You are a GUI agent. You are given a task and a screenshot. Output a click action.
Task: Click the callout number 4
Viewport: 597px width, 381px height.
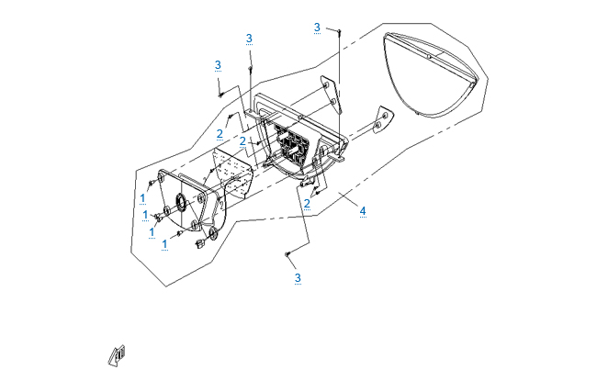[363, 211]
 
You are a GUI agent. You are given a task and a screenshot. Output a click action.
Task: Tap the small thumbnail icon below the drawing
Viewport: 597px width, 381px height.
[117, 356]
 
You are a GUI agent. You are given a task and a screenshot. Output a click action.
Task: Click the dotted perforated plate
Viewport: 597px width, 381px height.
[233, 173]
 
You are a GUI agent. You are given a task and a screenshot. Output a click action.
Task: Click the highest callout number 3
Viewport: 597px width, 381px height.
[317, 28]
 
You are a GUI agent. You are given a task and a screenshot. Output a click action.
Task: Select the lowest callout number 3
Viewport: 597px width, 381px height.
[298, 278]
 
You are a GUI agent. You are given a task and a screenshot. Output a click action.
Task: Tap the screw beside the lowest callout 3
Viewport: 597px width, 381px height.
[287, 254]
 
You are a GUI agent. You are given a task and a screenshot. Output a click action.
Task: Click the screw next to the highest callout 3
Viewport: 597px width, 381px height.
[340, 30]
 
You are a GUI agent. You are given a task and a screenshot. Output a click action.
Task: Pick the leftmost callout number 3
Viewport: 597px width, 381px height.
[218, 65]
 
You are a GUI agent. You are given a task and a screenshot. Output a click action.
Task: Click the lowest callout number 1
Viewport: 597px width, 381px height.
[164, 244]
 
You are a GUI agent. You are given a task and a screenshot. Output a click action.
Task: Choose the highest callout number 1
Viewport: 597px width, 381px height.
[142, 198]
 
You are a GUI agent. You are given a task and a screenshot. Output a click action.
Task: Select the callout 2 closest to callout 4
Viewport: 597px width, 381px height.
[307, 204]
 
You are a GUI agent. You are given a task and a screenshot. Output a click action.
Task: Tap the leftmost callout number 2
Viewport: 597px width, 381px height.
[220, 134]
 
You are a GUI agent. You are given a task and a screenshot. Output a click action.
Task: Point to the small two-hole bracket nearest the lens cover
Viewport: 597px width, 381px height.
[382, 120]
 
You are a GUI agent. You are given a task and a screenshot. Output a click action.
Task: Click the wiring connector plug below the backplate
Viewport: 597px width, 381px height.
[199, 243]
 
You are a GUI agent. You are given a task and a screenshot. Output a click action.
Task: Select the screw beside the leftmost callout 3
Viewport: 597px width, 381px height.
[220, 95]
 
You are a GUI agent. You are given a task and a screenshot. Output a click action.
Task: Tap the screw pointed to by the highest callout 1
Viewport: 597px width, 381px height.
[152, 184]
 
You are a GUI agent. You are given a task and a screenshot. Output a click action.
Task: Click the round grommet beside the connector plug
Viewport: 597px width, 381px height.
[212, 234]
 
